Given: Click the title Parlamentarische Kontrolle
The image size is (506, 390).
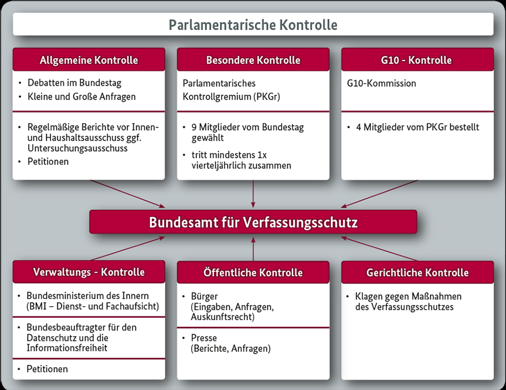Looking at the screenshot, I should [x=253, y=25].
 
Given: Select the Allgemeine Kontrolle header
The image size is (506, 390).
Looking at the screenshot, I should [x=89, y=60].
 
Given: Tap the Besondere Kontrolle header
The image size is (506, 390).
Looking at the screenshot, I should [x=253, y=60].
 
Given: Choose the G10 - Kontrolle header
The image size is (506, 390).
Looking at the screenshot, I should [x=417, y=60].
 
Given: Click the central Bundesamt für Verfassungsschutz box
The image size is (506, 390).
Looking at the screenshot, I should [x=253, y=223].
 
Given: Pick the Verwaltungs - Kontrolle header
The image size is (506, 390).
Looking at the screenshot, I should [x=89, y=272].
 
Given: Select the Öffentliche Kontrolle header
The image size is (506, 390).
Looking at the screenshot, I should [x=253, y=272].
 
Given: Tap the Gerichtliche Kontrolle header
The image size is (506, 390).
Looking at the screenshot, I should [x=417, y=272].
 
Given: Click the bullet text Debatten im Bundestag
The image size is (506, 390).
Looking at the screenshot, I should [x=74, y=83].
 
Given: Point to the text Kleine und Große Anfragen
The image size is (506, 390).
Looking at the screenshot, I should [x=81, y=96].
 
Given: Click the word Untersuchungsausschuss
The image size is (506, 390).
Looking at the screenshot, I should [x=77, y=148].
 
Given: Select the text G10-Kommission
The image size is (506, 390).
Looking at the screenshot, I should [x=382, y=83].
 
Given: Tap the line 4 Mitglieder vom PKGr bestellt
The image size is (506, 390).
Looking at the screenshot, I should [x=417, y=127].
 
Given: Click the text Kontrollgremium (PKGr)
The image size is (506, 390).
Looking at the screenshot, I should [x=232, y=96].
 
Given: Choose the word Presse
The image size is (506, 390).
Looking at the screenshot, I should [x=204, y=338].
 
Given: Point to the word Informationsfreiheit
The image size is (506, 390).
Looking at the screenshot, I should [x=67, y=348].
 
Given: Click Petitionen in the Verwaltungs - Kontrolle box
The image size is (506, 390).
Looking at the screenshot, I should [x=47, y=369].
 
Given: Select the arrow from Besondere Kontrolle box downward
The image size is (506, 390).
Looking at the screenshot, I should [x=253, y=194].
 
